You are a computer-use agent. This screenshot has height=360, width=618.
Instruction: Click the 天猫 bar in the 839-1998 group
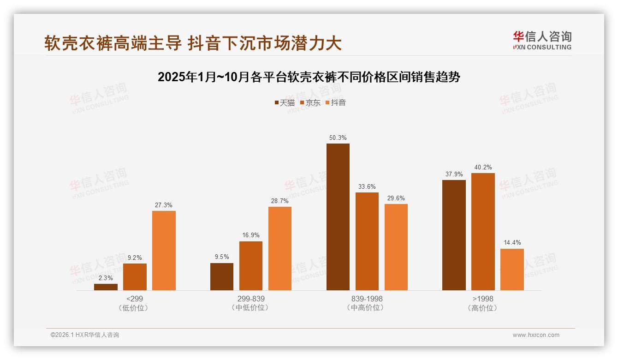[x=338, y=217]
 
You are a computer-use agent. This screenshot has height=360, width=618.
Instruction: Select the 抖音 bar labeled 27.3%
[x=164, y=251]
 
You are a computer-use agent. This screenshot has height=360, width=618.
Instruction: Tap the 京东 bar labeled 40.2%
[x=483, y=232]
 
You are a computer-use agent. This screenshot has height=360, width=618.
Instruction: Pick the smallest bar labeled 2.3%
[x=106, y=287]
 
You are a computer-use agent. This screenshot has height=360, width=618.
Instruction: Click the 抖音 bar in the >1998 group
[x=512, y=270]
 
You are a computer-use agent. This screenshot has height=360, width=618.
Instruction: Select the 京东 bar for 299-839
[x=250, y=266]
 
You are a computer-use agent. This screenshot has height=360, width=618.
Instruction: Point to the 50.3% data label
[x=338, y=138]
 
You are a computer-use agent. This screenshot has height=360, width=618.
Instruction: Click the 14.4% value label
[x=512, y=243]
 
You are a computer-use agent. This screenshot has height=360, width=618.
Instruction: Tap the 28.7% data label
[x=279, y=201]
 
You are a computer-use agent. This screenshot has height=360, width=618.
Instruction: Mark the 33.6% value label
[x=367, y=186]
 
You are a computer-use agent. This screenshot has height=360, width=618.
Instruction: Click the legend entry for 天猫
[x=284, y=102]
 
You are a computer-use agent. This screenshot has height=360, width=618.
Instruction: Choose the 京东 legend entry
[x=310, y=102]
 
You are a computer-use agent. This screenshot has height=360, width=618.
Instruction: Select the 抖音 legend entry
[x=335, y=102]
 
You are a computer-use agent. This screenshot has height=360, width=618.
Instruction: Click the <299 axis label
[x=134, y=299]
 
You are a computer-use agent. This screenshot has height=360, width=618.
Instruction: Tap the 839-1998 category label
[x=367, y=299]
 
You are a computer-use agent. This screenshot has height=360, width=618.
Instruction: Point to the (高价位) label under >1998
[x=483, y=308]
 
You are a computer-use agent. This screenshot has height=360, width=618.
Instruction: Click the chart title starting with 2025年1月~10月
[x=309, y=77]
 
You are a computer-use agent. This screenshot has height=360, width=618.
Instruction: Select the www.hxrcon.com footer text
[x=536, y=335]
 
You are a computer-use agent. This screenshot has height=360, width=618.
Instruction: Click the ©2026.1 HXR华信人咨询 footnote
[x=85, y=335]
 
